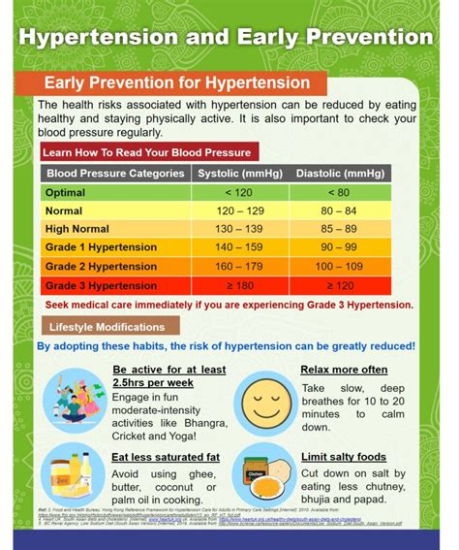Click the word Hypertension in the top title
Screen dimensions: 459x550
click(88, 38)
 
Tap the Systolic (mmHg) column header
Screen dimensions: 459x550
click(236, 174)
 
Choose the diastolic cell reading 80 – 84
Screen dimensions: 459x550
click(339, 210)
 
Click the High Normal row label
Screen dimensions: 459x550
click(76, 229)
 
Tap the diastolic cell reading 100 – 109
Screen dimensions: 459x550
click(339, 266)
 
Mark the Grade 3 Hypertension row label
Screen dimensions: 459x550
click(101, 285)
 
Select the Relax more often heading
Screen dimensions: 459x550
click(344, 370)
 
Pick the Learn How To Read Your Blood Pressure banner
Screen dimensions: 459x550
click(146, 152)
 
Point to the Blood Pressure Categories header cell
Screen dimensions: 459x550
click(115, 174)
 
